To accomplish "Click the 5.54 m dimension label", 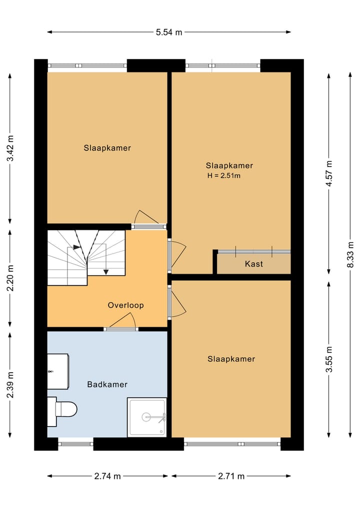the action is click(x=169, y=32).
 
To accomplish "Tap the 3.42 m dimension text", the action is click(x=10, y=148).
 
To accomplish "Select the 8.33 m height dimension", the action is click(x=350, y=254).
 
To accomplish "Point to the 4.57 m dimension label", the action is click(x=329, y=173).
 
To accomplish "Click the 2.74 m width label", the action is click(x=107, y=476).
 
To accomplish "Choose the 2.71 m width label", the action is click(x=231, y=476).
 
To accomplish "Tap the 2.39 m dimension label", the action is click(x=10, y=385).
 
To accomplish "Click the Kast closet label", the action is click(x=254, y=264).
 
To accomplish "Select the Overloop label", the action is click(x=126, y=305).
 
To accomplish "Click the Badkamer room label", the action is click(x=107, y=384).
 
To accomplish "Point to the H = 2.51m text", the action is click(x=224, y=176).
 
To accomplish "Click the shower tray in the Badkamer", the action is click(x=147, y=417).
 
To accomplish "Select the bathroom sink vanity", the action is click(x=58, y=371).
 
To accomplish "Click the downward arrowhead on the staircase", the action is click(x=105, y=272).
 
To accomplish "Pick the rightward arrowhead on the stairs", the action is click(x=77, y=247).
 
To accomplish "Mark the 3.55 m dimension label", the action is click(x=329, y=359).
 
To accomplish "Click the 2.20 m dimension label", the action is click(x=10, y=278).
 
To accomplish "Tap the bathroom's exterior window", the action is click(x=75, y=444).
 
